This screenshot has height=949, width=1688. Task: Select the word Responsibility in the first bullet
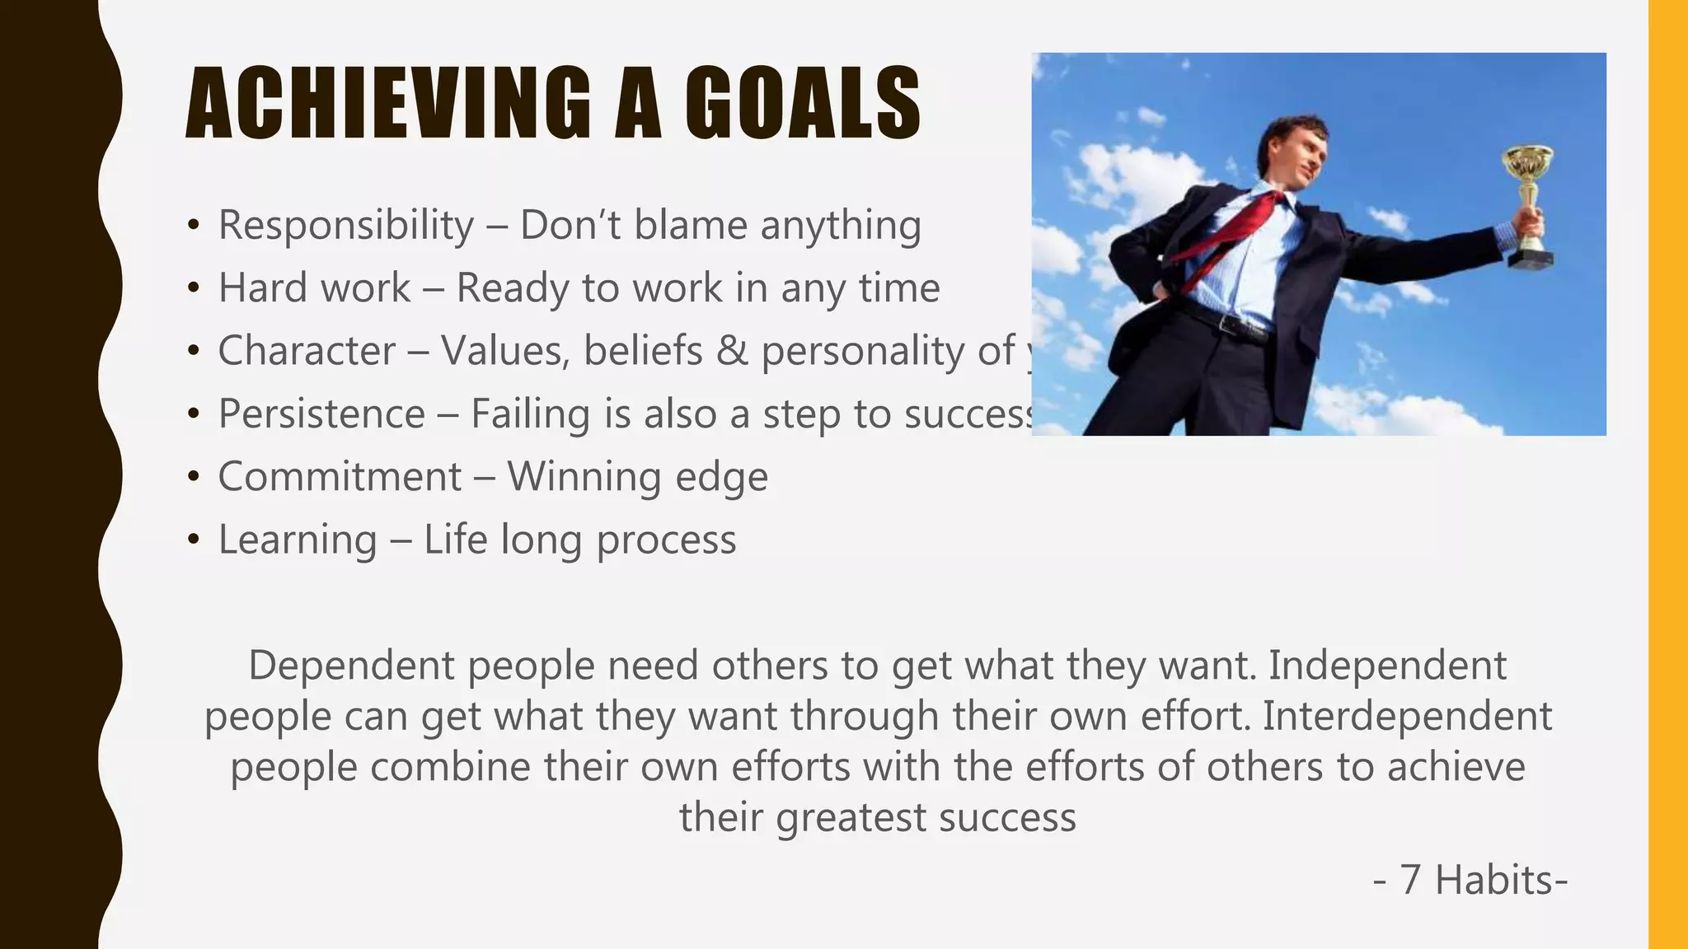click(x=346, y=225)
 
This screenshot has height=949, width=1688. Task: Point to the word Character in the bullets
click(x=307, y=351)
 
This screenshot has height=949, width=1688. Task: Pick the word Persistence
click(x=321, y=414)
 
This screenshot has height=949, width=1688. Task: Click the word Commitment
click(x=340, y=477)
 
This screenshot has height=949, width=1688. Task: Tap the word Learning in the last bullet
click(x=298, y=540)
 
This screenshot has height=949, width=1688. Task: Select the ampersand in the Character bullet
click(x=732, y=351)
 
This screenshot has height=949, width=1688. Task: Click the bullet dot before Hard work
click(x=194, y=288)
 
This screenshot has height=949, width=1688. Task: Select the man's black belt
click(x=1228, y=321)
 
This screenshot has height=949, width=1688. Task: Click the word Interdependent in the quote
click(x=1407, y=716)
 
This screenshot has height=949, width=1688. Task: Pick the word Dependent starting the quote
click(x=351, y=666)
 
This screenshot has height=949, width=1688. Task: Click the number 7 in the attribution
click(x=1410, y=880)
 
